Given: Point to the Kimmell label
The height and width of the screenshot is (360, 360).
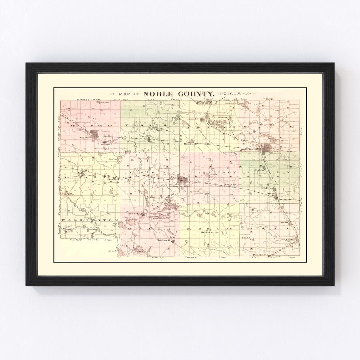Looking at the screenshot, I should [x=113, y=180].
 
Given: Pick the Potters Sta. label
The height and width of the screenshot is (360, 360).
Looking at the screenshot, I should [x=261, y=255].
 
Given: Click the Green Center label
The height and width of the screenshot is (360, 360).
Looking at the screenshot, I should [x=209, y=232].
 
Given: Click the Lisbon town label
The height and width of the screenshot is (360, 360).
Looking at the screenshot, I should [x=259, y=170].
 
